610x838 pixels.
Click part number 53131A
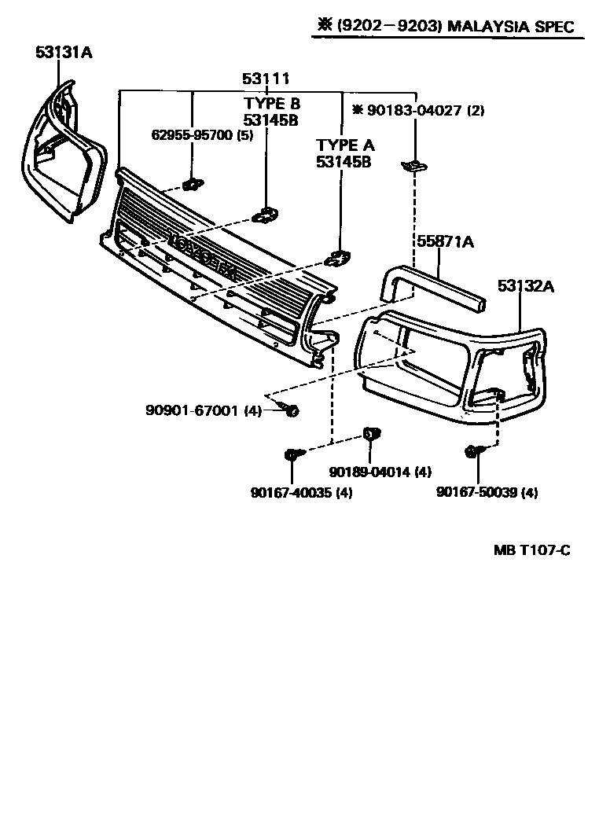(64, 53)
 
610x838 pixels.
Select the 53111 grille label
(266, 79)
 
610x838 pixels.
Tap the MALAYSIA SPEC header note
(446, 26)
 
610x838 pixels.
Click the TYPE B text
(272, 103)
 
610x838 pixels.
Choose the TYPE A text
(345, 145)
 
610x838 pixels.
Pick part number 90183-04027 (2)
(418, 111)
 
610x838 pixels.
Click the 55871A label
(445, 243)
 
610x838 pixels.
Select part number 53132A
(525, 287)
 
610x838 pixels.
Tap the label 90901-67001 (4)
(203, 410)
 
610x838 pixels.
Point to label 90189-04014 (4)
(380, 472)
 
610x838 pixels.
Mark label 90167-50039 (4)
(487, 493)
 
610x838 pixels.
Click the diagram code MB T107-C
(531, 550)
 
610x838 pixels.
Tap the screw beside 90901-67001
(291, 410)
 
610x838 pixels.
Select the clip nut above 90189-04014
(371, 434)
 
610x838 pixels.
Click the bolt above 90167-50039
(472, 450)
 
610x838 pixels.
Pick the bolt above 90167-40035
(291, 454)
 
